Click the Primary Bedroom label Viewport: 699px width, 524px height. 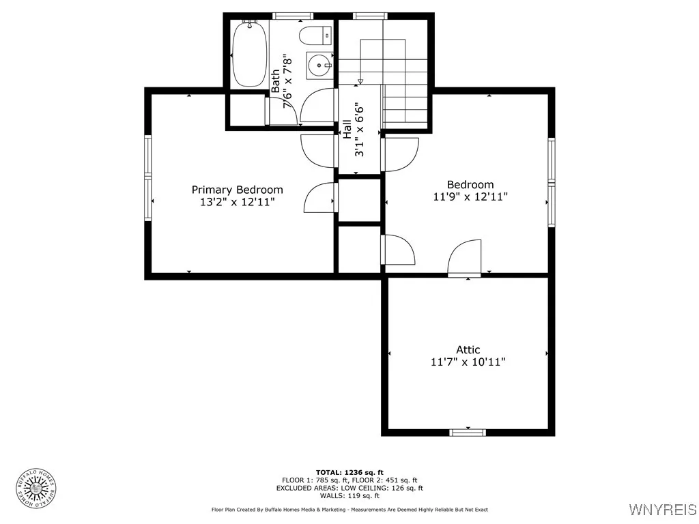click(x=237, y=190)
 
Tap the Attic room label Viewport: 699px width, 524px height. click(x=468, y=350)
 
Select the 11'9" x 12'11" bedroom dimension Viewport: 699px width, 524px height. click(x=470, y=196)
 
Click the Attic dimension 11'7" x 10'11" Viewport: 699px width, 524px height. click(x=468, y=362)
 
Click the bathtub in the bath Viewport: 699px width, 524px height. click(x=249, y=53)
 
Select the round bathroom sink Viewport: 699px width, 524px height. click(x=319, y=65)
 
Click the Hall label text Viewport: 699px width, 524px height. click(x=347, y=130)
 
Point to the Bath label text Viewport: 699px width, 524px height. click(x=276, y=81)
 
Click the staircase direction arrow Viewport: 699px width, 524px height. click(x=360, y=80)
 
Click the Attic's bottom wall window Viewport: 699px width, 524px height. click(x=468, y=433)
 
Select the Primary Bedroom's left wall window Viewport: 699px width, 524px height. click(x=147, y=177)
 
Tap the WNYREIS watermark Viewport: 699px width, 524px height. click(x=662, y=509)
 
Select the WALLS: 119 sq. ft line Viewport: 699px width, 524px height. click(x=349, y=496)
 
